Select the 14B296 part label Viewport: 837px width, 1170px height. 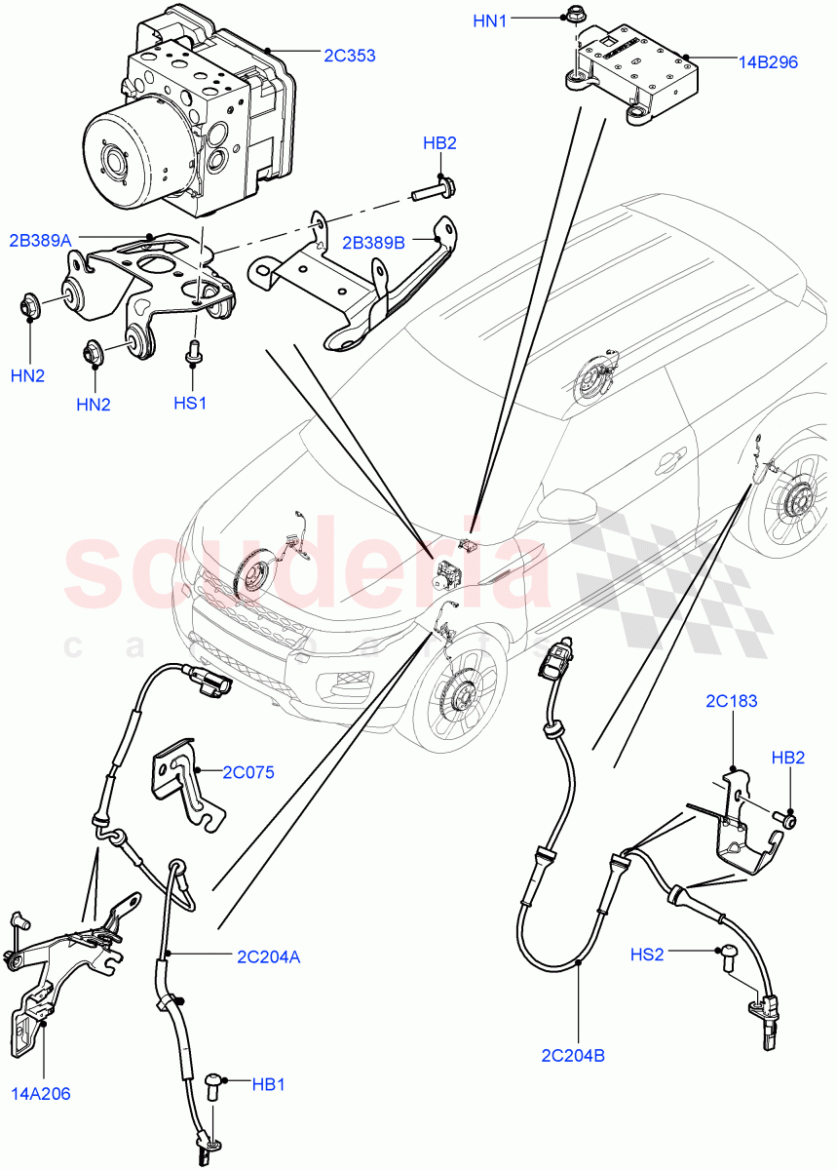coord(768,61)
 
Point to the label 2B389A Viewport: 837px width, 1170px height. coord(41,240)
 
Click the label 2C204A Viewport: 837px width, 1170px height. coord(267,956)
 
